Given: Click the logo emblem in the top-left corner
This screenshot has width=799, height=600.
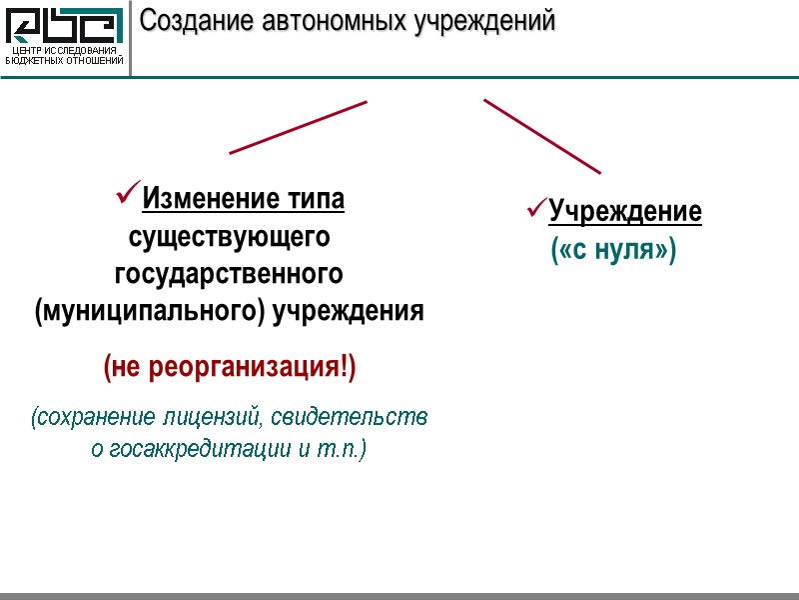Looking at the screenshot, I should click(66, 26).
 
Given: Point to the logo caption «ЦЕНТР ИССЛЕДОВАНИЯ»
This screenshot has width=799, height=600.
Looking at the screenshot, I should click(65, 51).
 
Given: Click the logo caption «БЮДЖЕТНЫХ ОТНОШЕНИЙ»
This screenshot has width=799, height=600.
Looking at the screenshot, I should click(65, 61).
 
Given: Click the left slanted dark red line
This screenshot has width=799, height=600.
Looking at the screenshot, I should click(298, 127).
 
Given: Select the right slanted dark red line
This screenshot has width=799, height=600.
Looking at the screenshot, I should click(542, 136).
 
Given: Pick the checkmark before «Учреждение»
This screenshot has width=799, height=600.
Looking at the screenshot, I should click(536, 209).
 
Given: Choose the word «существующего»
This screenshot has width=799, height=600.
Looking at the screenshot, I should click(230, 238).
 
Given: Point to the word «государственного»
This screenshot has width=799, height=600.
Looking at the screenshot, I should click(230, 274).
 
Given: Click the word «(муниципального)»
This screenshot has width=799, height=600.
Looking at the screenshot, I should click(149, 311).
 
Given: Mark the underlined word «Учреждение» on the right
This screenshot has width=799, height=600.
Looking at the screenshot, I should click(625, 212).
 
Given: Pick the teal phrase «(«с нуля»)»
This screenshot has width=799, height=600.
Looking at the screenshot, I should click(613, 249).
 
